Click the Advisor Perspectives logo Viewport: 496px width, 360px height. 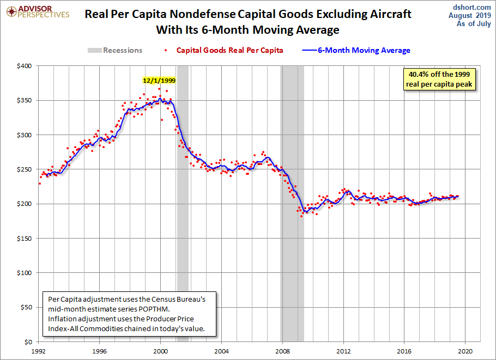tap(37, 11)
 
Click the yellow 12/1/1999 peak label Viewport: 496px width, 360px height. tap(159, 80)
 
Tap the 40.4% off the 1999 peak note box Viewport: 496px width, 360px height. tap(438, 79)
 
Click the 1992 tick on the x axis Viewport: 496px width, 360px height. tap(39, 351)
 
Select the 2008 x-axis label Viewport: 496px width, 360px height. tap(282, 351)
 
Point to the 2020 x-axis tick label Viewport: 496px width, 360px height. tap(465, 351)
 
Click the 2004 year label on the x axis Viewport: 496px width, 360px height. tap(221, 351)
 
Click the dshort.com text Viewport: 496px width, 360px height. tap(472, 7)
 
